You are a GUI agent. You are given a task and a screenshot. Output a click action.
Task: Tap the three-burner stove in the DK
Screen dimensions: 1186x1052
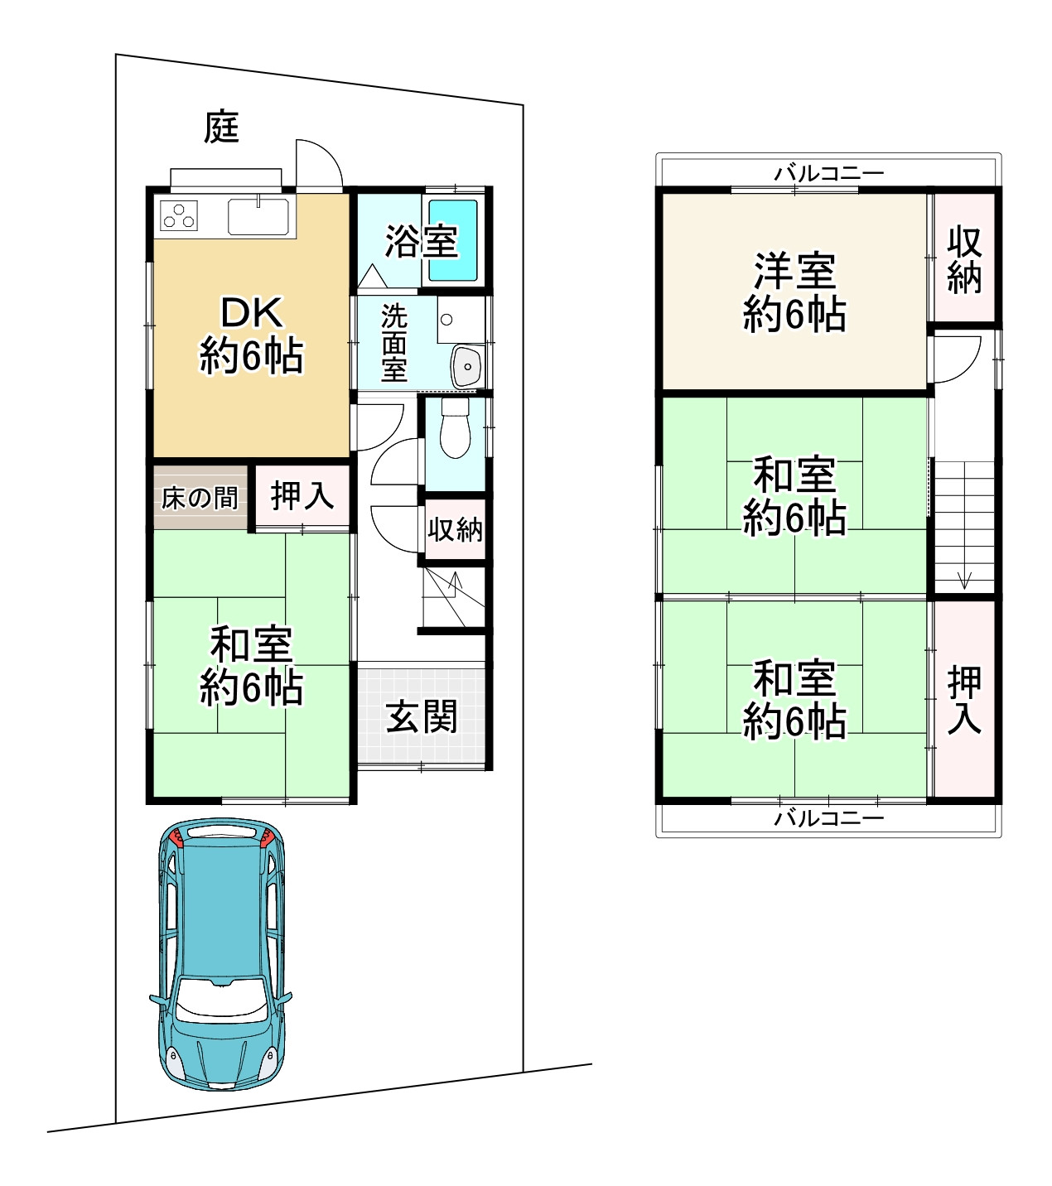(x=179, y=215)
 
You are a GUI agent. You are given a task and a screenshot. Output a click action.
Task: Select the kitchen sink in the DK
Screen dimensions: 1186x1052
(x=258, y=217)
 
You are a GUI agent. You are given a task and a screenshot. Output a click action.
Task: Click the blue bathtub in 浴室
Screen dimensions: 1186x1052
(x=452, y=241)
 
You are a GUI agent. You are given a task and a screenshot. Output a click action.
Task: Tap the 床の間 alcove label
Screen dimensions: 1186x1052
(x=200, y=497)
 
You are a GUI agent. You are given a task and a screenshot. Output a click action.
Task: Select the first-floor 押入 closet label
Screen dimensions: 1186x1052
(x=302, y=495)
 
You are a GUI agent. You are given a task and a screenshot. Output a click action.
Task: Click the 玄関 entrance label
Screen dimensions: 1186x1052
(x=422, y=716)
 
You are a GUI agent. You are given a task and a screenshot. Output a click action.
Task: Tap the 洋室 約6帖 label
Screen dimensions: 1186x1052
(x=794, y=292)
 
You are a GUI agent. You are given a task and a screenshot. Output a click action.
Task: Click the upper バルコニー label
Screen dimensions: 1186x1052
(x=828, y=173)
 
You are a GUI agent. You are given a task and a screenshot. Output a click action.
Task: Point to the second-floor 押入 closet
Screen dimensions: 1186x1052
(x=964, y=700)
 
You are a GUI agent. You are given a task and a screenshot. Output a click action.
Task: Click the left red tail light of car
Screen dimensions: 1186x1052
(x=176, y=839)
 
